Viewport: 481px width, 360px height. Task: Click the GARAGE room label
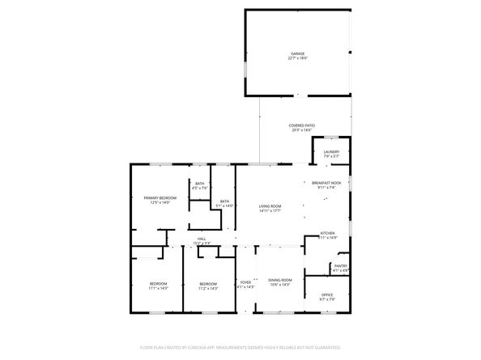click(298, 53)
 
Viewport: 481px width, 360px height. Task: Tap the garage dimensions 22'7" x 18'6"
click(298, 58)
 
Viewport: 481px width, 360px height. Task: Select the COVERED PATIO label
click(302, 125)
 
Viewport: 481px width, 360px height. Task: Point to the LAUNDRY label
click(331, 151)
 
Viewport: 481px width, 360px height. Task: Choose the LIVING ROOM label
click(270, 206)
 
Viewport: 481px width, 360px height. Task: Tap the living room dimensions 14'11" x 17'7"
click(270, 211)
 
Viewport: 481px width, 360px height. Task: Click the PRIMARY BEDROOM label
click(160, 198)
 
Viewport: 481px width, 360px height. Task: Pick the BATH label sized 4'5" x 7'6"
click(199, 184)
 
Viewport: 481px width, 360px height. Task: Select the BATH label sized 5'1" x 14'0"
click(224, 201)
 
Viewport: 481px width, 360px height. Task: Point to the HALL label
click(202, 239)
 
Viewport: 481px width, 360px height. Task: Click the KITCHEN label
click(327, 233)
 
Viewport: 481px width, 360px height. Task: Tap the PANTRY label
click(340, 265)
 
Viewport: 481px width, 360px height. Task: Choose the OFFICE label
click(327, 294)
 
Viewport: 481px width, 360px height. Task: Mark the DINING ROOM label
click(280, 280)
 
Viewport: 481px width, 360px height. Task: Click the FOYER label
click(245, 282)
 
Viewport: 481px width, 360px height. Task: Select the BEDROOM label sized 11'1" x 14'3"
click(158, 283)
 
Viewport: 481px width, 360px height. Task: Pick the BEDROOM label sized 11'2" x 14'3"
click(208, 283)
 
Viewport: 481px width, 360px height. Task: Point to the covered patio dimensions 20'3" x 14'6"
click(302, 130)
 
